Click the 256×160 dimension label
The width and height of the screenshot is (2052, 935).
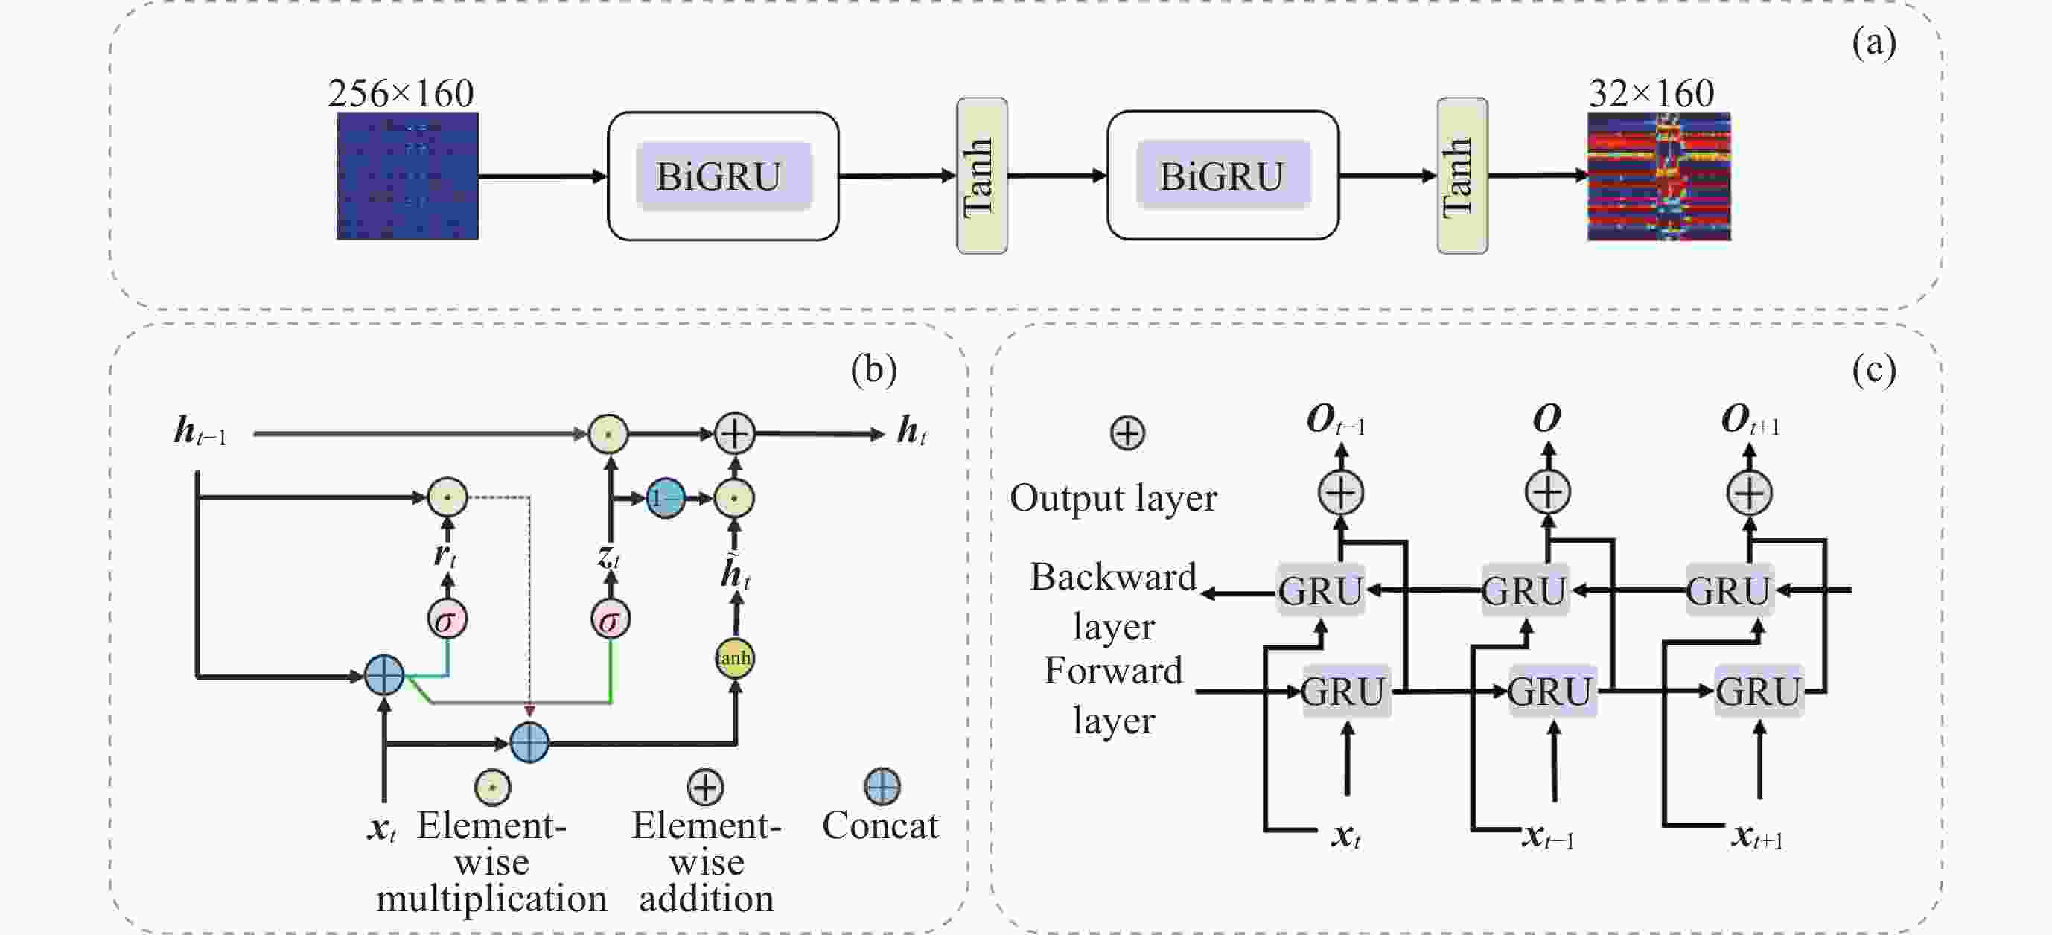click(401, 94)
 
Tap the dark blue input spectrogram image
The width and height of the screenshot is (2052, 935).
click(407, 176)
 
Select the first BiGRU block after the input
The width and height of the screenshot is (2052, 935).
click(722, 176)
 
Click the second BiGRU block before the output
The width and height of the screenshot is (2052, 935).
click(1223, 176)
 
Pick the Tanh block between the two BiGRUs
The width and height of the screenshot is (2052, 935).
click(981, 176)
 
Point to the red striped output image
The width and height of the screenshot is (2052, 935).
click(1658, 176)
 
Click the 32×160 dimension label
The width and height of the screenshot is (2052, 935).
click(1651, 94)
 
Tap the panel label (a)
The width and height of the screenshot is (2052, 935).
click(1873, 42)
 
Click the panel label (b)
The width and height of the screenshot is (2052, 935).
click(874, 369)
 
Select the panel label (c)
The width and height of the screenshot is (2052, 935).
click(1873, 369)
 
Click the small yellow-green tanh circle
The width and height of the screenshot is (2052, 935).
click(733, 658)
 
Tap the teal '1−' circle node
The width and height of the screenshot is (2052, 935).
click(665, 499)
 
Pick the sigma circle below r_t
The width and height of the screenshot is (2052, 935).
click(447, 619)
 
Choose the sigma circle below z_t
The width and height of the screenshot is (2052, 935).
click(611, 619)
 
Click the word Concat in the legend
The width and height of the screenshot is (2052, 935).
click(880, 826)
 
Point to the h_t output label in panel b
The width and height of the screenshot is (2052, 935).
click(911, 432)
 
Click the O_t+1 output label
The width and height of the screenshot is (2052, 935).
click(1750, 420)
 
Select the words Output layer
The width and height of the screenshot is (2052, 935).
click(1113, 499)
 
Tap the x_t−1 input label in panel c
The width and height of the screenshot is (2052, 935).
click(1548, 836)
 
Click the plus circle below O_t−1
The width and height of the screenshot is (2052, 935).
click(1341, 492)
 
